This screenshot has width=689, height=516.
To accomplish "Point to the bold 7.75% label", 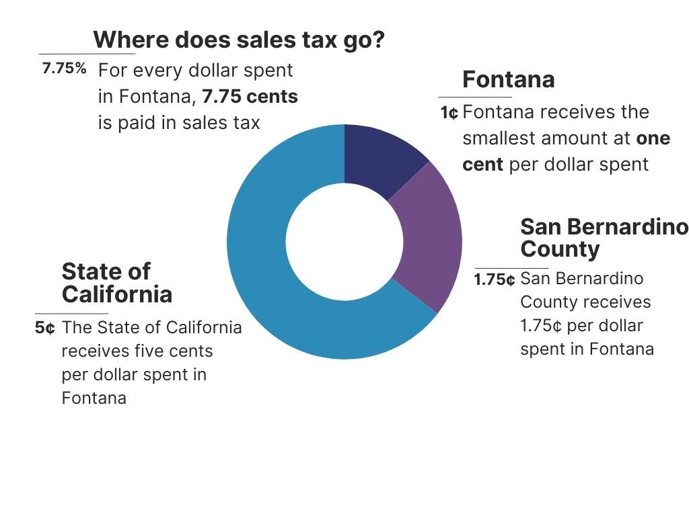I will click(65, 69).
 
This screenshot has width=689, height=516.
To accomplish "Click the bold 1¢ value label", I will click(449, 113).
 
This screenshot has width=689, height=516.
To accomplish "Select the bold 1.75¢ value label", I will click(495, 279).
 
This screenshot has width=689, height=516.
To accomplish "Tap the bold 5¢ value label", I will click(45, 329).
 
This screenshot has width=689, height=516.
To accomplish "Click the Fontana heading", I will click(508, 80).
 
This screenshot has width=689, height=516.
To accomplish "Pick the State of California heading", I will click(116, 283).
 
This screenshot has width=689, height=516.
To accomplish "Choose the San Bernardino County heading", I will click(604, 237).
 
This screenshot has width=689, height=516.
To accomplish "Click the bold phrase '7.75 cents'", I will click(250, 97).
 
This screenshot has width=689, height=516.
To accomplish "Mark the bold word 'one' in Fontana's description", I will click(653, 138).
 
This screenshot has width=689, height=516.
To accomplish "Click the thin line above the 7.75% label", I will click(87, 54).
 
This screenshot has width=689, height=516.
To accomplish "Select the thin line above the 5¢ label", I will click(71, 314).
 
